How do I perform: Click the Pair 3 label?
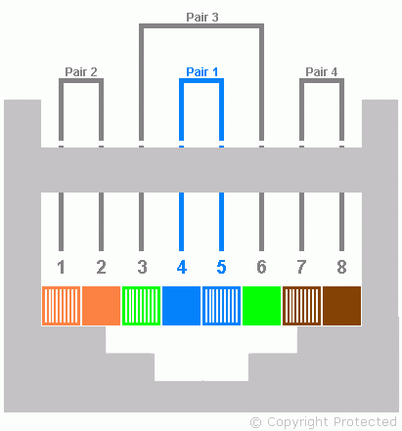coord(202,17)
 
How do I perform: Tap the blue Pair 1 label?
coord(202,71)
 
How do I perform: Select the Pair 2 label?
coord(81,71)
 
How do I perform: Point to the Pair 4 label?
coord(322,71)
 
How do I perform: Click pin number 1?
coord(61,267)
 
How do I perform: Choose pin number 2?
coord(101,267)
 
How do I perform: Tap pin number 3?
coord(142,267)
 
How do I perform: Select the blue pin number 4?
coord(182,267)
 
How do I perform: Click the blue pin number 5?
coord(221,267)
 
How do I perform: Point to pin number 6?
coord(261,267)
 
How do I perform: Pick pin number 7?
coord(301,267)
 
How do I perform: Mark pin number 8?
coord(341,267)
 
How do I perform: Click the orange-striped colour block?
coord(61,306)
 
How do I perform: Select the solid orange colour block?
coord(101,306)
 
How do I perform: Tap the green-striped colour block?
coord(141,306)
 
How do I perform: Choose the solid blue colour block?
coord(181,306)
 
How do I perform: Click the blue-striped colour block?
coord(221,306)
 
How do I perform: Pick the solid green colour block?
coord(261,306)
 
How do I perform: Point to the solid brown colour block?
coord(341,306)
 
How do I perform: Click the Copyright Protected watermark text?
coord(324,422)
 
